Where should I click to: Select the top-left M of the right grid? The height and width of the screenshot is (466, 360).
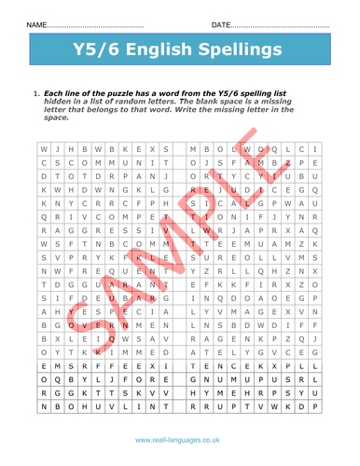[192, 149]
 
